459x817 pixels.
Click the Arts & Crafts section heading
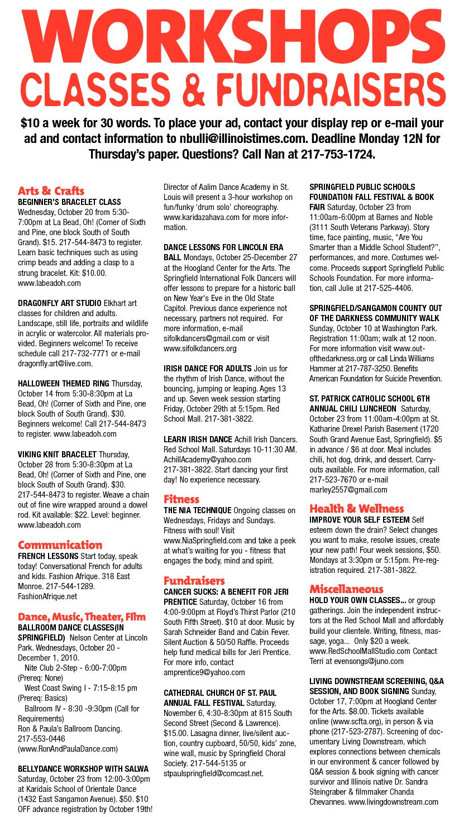coord(51,191)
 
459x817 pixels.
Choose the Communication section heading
coord(60,544)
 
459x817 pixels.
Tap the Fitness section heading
coord(181,499)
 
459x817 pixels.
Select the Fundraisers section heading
coord(194,580)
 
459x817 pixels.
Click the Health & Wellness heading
coord(356,508)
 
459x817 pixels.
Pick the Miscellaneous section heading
coord(346,589)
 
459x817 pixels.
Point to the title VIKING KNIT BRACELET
coord(57,455)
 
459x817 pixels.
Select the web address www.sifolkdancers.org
coord(200,348)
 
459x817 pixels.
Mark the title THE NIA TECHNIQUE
coord(197,510)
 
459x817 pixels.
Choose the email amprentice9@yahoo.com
coord(204,672)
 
